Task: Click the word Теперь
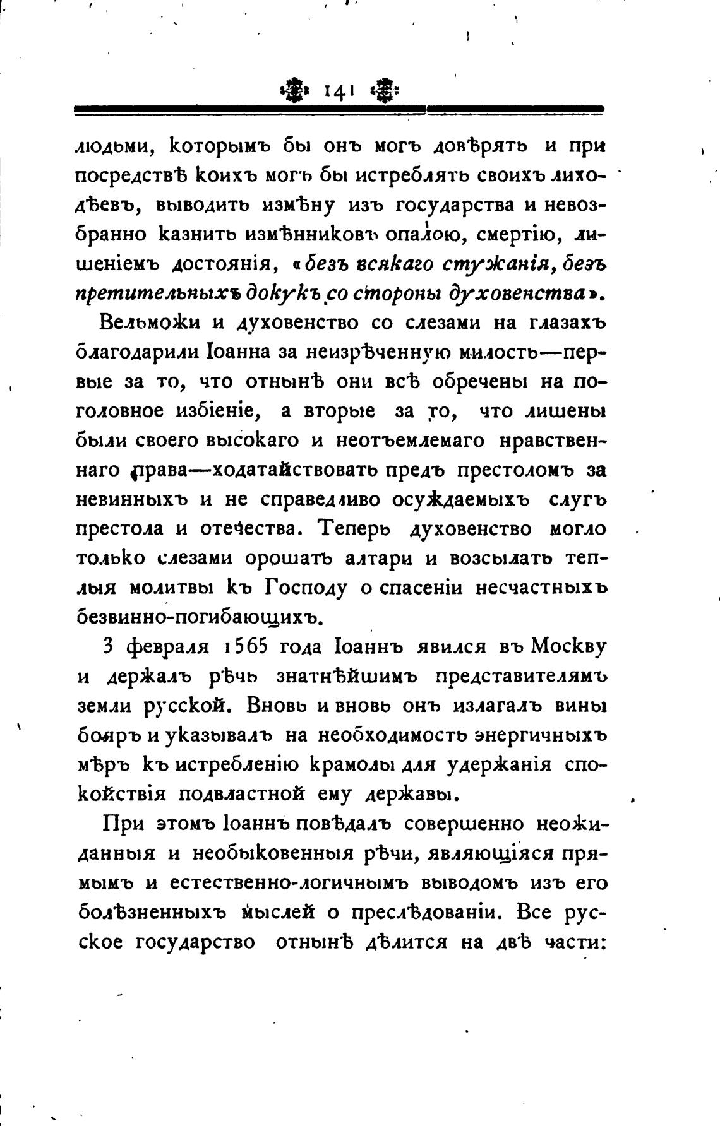click(x=359, y=528)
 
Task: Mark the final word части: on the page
click(x=574, y=943)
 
